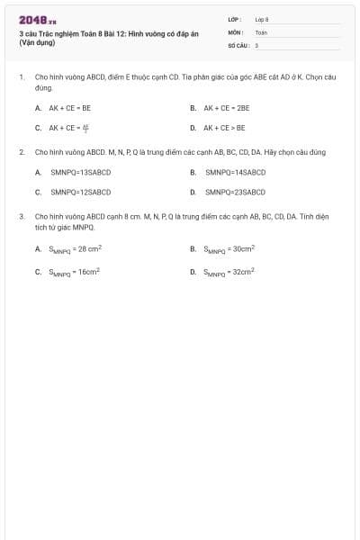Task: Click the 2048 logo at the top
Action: click(x=37, y=20)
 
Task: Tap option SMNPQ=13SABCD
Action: click(x=80, y=171)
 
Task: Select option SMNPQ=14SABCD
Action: click(x=235, y=171)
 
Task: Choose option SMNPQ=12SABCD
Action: click(x=80, y=192)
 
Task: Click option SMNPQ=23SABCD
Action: click(x=235, y=192)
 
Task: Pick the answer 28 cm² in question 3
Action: click(x=76, y=248)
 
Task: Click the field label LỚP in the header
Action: click(x=234, y=18)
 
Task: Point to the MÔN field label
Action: click(x=235, y=31)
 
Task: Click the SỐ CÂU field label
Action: click(x=238, y=44)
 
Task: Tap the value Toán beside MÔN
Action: click(x=261, y=31)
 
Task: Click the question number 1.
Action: click(x=21, y=77)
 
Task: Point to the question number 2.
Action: click(x=21, y=152)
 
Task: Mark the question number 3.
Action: click(x=21, y=217)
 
